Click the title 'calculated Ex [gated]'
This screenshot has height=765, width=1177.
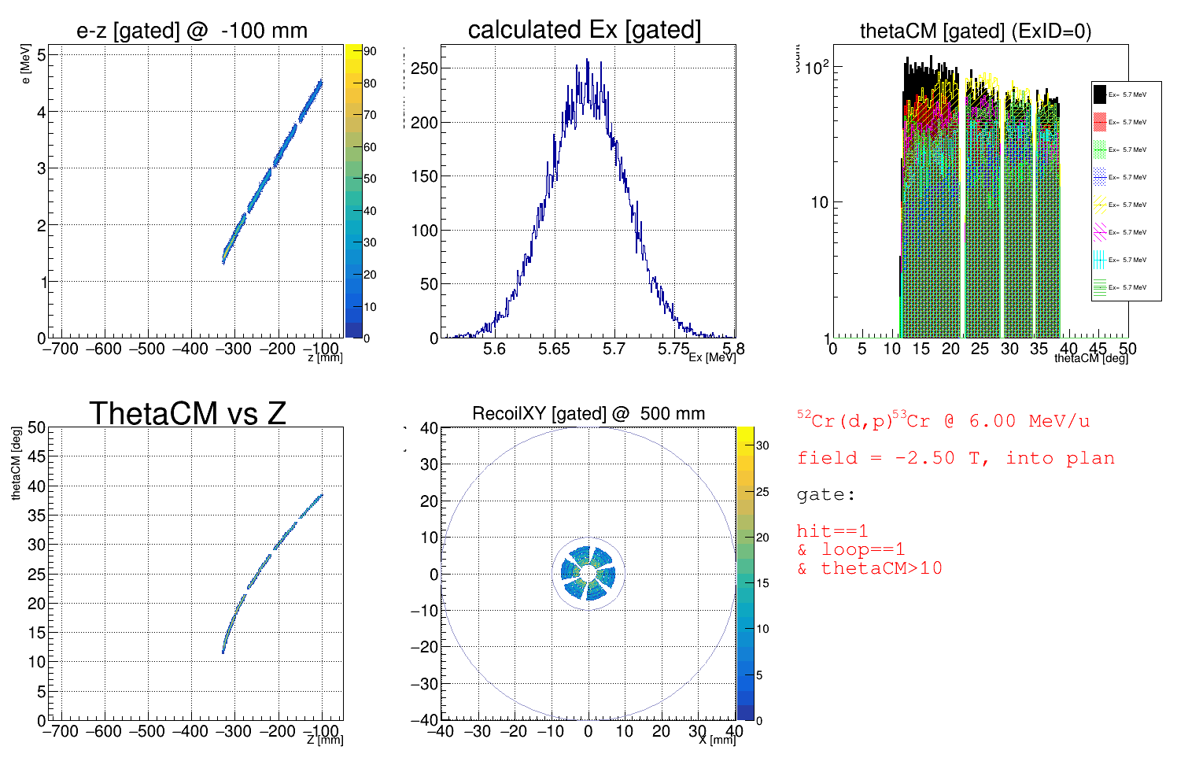(x=584, y=30)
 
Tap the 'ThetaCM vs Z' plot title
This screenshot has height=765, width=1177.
(x=187, y=413)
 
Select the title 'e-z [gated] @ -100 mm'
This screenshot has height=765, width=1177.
(x=192, y=31)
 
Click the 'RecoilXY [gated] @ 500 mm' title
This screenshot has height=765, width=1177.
(x=588, y=413)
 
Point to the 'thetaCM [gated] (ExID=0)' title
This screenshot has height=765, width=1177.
(x=976, y=31)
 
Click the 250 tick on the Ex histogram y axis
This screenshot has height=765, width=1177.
(x=424, y=68)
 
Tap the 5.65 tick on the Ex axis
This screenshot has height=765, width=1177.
(x=554, y=349)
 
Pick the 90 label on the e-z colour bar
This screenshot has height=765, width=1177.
(x=370, y=51)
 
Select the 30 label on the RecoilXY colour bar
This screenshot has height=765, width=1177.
(x=762, y=445)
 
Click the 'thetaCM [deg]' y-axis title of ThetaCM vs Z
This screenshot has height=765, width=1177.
(x=16, y=464)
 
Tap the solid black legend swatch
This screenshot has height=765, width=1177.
(x=1100, y=94)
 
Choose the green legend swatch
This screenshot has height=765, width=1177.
(x=1100, y=150)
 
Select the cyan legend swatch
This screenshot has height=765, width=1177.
(x=1100, y=260)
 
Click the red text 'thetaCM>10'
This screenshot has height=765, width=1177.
(x=881, y=568)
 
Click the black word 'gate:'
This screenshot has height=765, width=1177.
(x=825, y=495)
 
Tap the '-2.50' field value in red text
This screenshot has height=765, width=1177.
(x=923, y=458)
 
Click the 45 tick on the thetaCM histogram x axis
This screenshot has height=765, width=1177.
(x=1098, y=349)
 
